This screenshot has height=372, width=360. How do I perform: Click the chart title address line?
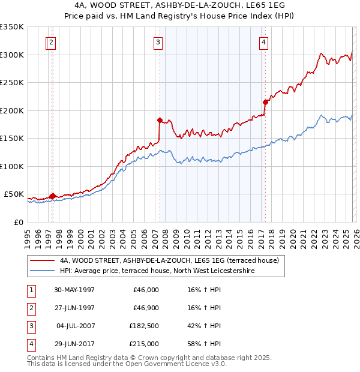pos(179,5)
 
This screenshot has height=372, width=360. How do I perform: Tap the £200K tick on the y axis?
pos(12,110)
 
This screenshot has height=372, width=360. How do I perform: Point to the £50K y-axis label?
pos(13,194)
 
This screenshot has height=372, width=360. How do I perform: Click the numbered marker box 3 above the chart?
pos(157,42)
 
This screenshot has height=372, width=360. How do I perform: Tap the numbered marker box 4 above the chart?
pos(264,42)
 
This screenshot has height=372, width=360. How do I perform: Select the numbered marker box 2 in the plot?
pos(52,42)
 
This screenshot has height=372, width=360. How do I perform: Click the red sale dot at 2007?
pos(160,120)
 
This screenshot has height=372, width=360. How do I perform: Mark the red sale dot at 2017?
pos(265,102)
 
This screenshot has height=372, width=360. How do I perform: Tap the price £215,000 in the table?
pos(144,344)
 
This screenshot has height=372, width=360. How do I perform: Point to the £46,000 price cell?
pos(146,290)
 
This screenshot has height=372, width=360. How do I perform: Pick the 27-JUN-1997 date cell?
pos(74,308)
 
